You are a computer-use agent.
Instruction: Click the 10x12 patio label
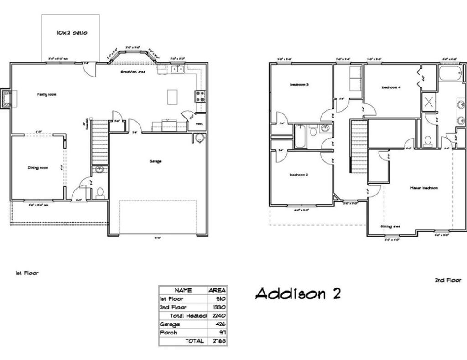point(72,33)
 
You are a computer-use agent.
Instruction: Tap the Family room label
point(47,95)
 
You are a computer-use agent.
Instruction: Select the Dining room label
point(37,168)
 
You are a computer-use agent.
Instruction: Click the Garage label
point(156,161)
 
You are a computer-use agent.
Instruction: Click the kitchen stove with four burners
point(200,96)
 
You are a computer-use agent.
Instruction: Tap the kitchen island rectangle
point(172,97)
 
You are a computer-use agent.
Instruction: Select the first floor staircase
point(100,142)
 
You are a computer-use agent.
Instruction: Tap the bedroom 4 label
point(391,87)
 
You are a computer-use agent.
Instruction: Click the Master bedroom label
point(424,188)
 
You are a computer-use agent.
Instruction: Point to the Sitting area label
point(390,226)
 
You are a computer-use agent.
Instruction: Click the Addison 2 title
point(297,294)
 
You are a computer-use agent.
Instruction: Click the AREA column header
point(217,290)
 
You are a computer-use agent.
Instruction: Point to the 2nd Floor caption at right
point(447,280)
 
